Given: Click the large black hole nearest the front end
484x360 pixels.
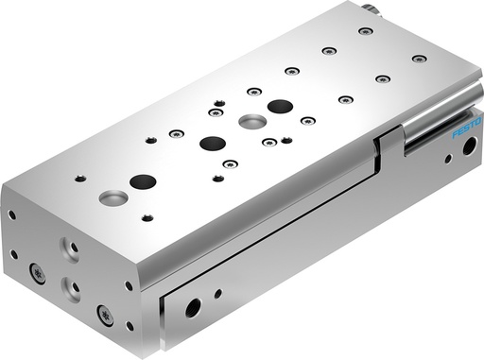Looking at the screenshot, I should [x=142, y=180].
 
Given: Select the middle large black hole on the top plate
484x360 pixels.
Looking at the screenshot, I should [x=213, y=144].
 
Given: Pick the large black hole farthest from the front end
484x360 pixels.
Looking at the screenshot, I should [x=279, y=106].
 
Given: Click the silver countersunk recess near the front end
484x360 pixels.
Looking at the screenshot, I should [x=113, y=198].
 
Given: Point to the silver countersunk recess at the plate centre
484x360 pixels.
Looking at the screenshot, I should [x=251, y=121].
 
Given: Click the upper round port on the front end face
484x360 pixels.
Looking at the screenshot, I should [x=71, y=248].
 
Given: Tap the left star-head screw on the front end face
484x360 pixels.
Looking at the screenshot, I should [x=38, y=273].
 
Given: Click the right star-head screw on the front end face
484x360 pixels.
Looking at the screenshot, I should [x=105, y=315].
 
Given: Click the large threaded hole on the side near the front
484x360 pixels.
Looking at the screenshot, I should [x=193, y=307].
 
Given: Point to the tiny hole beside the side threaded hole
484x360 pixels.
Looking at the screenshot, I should [x=217, y=294].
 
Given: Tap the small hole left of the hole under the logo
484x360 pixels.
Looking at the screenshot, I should [x=447, y=159].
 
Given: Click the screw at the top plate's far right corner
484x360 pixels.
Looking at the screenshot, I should [x=419, y=59].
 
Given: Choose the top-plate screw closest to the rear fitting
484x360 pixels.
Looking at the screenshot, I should [x=366, y=31].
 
